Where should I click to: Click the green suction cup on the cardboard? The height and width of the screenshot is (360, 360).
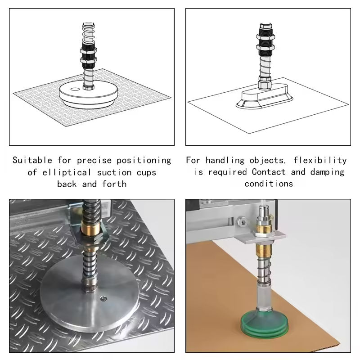pyautogui.click(x=264, y=324)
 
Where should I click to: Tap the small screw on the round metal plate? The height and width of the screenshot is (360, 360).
pyautogui.click(x=104, y=299)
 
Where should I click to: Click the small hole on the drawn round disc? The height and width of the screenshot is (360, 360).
pyautogui.click(x=75, y=89)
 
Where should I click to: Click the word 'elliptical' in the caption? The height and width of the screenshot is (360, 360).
pyautogui.click(x=66, y=172)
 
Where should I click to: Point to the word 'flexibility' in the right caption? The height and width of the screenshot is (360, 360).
pyautogui.click(x=320, y=160)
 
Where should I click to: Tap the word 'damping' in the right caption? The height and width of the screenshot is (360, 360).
pyautogui.click(x=328, y=172)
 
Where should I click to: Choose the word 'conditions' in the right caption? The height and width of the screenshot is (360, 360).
pyautogui.click(x=269, y=184)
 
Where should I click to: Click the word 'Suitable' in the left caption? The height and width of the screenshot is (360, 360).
pyautogui.click(x=32, y=160)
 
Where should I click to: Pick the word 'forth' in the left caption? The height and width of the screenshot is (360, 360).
pyautogui.click(x=114, y=184)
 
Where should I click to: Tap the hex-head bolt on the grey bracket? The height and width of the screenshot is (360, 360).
pyautogui.click(x=243, y=222)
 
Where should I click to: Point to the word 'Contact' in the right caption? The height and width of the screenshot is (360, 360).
pyautogui.click(x=269, y=172)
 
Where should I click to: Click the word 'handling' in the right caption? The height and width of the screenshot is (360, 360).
pyautogui.click(x=225, y=160)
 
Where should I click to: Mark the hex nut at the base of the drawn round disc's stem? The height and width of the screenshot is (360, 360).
pyautogui.click(x=88, y=87)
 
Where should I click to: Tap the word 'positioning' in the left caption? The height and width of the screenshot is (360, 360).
pyautogui.click(x=144, y=161)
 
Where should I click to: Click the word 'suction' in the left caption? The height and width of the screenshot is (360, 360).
pyautogui.click(x=114, y=172)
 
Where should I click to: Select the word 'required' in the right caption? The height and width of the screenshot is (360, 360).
pyautogui.click(x=227, y=172)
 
